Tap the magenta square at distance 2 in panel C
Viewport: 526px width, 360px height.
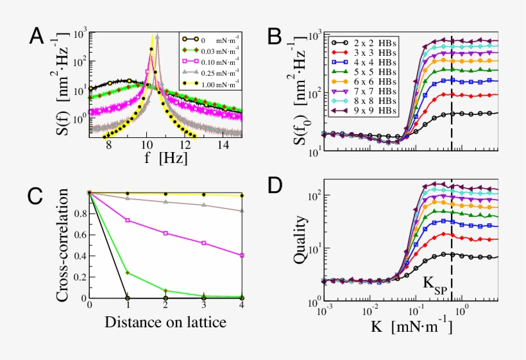coord(166,233)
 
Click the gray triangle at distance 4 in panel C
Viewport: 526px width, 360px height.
coord(242,210)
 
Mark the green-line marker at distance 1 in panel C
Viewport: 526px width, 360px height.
coord(128,273)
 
